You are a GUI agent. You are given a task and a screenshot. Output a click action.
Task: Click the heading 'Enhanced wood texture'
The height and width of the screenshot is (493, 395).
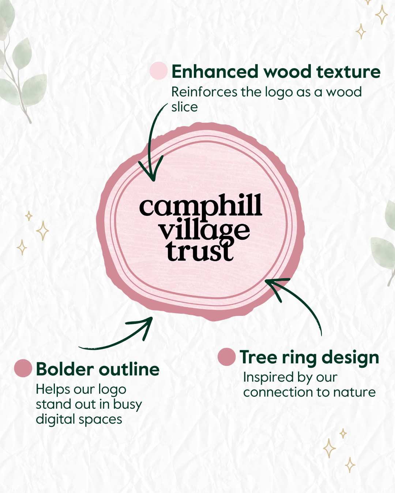click(276, 72)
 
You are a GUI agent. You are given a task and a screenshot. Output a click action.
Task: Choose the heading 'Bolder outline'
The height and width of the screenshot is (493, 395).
click(98, 369)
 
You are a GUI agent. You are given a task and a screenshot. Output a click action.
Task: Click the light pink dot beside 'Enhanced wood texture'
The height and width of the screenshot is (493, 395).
click(159, 70)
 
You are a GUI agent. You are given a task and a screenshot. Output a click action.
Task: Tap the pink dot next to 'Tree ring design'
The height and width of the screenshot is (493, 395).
click(226, 357)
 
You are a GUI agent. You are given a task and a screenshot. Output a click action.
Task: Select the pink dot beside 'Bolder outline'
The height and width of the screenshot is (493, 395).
click(23, 368)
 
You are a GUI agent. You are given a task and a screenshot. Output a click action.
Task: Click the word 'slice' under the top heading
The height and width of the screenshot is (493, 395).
click(185, 107)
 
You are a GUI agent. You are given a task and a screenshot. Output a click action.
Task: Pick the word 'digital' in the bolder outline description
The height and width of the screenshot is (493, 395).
click(55, 420)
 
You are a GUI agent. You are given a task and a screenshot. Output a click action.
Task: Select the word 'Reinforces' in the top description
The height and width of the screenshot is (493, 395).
click(204, 92)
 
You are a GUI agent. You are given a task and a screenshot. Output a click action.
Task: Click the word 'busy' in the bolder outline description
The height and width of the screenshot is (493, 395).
click(128, 405)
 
